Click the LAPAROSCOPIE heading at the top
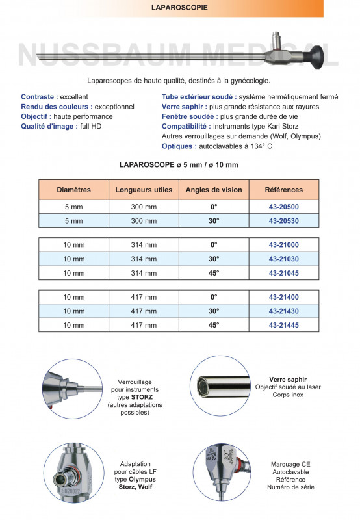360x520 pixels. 179,8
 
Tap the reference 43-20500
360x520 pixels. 283,207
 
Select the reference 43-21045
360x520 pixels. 283,272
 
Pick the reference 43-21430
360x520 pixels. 283,311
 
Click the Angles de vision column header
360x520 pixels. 214,190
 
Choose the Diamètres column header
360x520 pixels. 73,190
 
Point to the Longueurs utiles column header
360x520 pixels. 144,190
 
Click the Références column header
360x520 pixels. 283,190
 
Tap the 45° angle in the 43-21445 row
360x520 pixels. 214,324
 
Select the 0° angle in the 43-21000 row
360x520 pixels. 214,245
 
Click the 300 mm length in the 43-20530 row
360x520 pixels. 144,221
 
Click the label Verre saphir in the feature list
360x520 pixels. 184,106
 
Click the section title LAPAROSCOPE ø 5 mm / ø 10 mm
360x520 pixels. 179,165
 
